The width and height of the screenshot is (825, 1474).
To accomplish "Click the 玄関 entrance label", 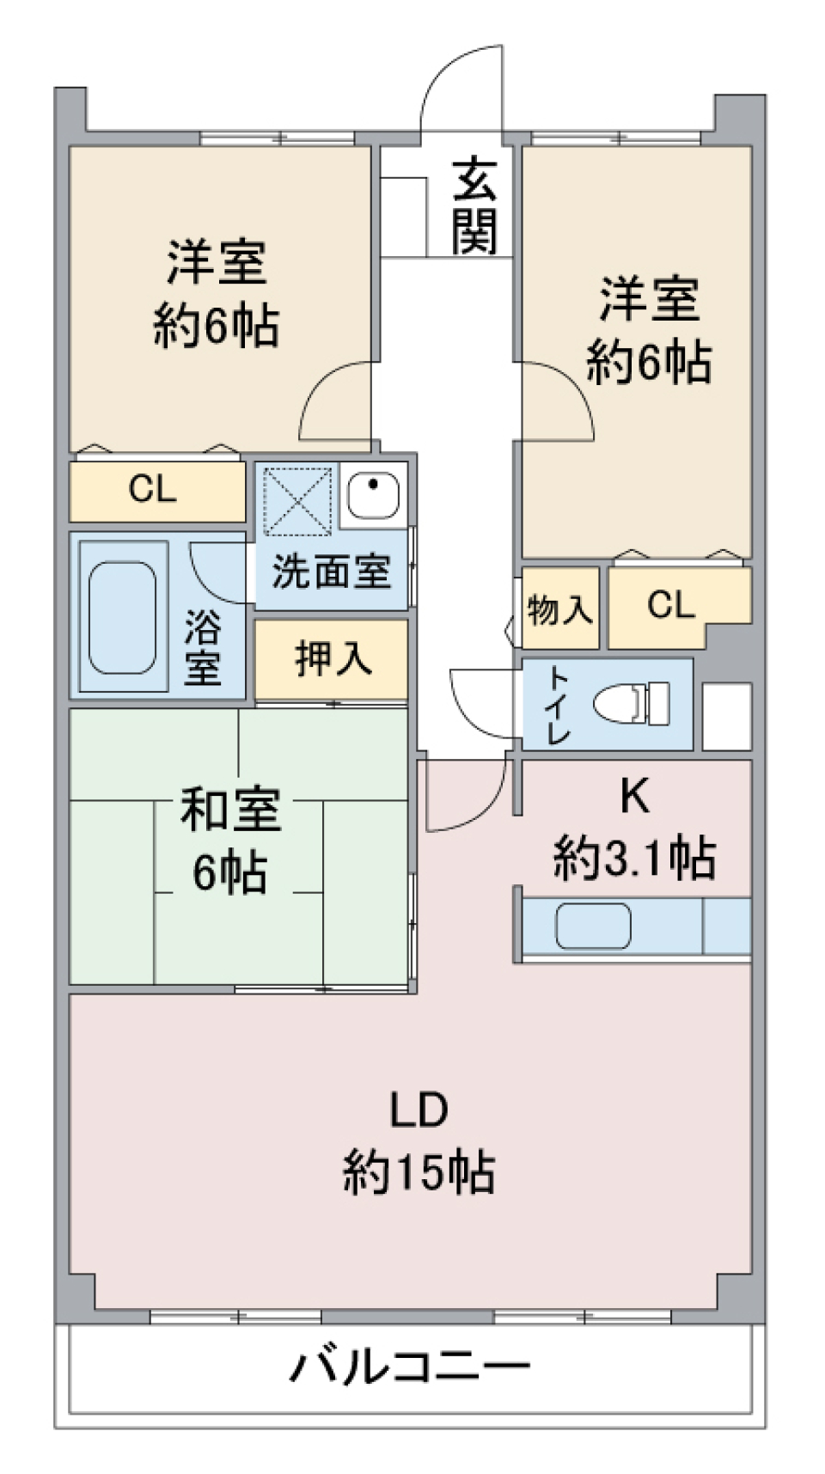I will [x=474, y=206].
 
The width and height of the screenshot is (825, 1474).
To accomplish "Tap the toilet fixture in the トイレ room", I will [x=631, y=703].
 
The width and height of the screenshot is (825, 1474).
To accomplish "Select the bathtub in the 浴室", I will [x=123, y=617].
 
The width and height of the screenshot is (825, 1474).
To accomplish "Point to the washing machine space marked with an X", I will [x=297, y=501].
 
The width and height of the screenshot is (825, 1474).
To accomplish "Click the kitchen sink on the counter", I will [x=592, y=927].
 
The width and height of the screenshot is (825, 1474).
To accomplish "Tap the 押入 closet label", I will [x=333, y=658].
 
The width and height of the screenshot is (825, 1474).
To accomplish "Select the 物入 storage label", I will [x=559, y=609].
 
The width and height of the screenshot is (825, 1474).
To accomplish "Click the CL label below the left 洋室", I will [x=152, y=489].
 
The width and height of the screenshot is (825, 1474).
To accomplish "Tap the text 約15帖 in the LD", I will [x=419, y=1171].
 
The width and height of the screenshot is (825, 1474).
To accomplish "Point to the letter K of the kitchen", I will [x=634, y=797].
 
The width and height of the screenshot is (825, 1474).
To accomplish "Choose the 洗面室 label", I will [x=332, y=572].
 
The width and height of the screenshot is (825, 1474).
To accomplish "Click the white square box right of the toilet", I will [x=727, y=716].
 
